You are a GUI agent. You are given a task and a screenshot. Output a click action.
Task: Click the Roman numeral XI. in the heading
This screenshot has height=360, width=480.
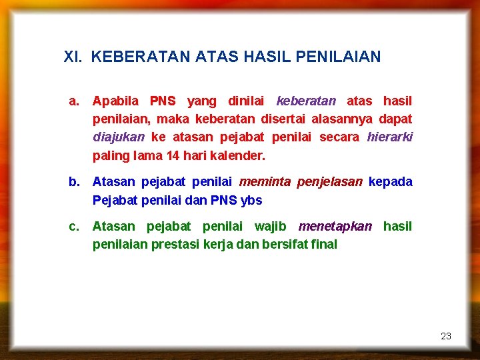click(x=73, y=57)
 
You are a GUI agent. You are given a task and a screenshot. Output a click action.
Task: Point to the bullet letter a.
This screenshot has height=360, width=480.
click(x=75, y=101)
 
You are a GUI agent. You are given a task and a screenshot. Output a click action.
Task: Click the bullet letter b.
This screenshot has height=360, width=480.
click(x=75, y=182)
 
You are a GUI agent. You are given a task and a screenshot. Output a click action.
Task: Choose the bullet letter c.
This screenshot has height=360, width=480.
click(x=75, y=227)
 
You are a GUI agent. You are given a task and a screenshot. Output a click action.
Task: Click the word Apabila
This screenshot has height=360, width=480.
click(x=115, y=101)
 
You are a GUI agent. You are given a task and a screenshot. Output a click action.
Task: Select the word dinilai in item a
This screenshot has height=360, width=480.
click(x=246, y=101)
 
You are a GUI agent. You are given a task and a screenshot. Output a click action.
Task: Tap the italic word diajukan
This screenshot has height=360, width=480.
click(x=119, y=137)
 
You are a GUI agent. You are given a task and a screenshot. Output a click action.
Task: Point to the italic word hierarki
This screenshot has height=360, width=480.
click(x=389, y=137)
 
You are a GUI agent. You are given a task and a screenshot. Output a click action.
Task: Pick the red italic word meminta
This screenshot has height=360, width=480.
click(x=264, y=182)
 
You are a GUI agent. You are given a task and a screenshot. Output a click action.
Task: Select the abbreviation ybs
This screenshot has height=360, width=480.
click(x=251, y=200)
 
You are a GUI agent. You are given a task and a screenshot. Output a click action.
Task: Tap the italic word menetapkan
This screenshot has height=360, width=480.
click(x=335, y=227)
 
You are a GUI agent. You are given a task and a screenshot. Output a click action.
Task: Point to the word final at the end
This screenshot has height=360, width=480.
click(x=324, y=245)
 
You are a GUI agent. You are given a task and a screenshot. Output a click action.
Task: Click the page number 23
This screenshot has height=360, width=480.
click(x=446, y=336)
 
